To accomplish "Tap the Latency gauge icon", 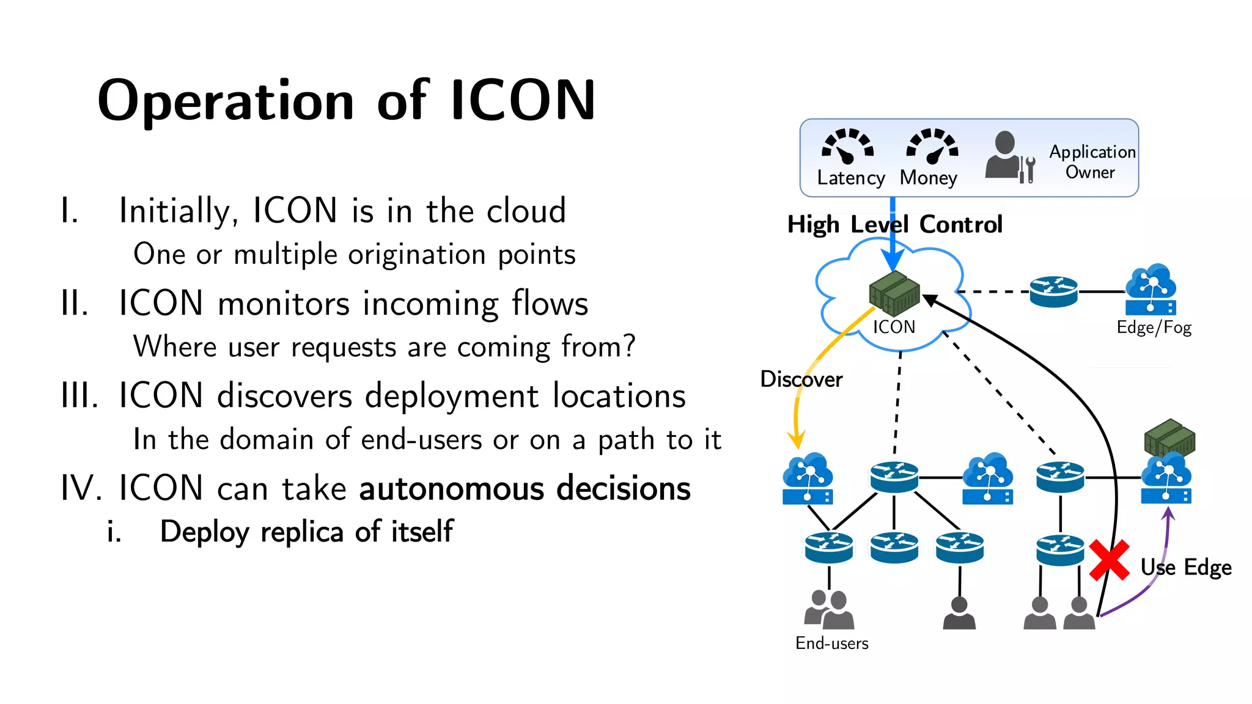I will (x=848, y=146).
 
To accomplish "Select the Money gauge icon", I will (x=932, y=146).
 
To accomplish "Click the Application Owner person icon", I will (x=1009, y=156).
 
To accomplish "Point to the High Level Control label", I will (x=894, y=224).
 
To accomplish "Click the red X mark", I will (x=1108, y=560).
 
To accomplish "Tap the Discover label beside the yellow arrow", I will (x=801, y=380).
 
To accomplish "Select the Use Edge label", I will (x=1185, y=568).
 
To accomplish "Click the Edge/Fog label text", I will (x=1154, y=328).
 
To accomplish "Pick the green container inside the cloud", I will (x=894, y=293).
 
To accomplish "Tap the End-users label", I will (x=831, y=643).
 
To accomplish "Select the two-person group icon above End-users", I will (x=829, y=609).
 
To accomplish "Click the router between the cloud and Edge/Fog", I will (x=1053, y=291).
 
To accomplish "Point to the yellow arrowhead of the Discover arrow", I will (x=796, y=440).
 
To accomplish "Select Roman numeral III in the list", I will (x=79, y=395).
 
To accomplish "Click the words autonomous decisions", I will (x=525, y=488).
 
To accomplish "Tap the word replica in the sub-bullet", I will (x=302, y=532).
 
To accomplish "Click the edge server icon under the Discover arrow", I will (x=808, y=479).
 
